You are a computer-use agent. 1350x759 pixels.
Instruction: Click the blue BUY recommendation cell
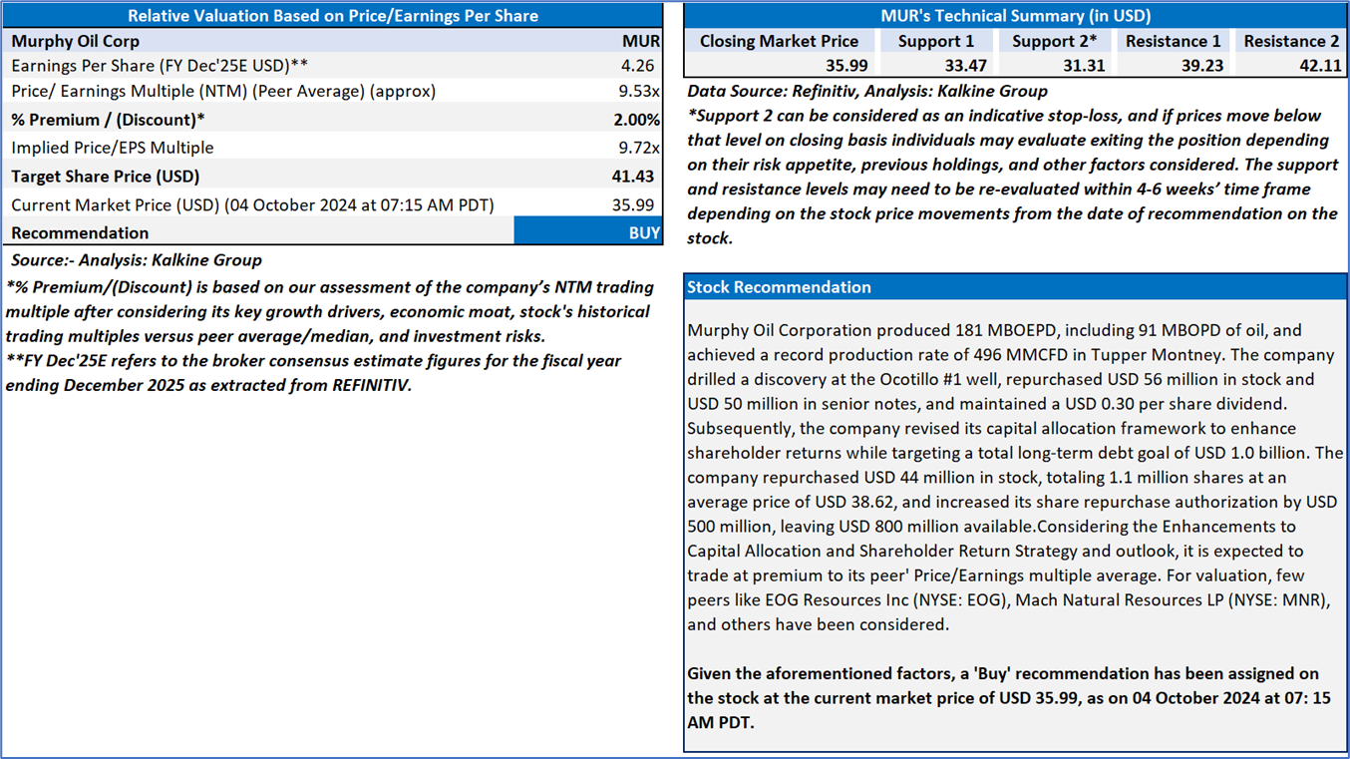pos(587,231)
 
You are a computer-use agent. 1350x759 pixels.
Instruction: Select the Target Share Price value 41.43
pos(632,176)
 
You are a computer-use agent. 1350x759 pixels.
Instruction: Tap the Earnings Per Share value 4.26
pos(637,65)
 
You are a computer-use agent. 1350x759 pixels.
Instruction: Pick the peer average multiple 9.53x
pos(638,91)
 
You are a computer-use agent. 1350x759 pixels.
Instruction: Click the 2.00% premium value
pos(636,120)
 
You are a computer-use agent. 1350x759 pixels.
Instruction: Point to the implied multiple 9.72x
pos(638,148)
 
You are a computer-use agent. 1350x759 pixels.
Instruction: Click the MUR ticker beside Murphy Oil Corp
pos(641,41)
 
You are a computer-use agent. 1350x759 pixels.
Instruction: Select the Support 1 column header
pos(935,41)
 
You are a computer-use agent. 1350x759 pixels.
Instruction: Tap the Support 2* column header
pos(1054,41)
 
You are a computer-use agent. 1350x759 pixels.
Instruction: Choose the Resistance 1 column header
pos(1173,41)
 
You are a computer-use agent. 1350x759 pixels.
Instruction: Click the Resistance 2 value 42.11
pos(1320,65)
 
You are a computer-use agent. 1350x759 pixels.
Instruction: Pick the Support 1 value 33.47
pos(965,65)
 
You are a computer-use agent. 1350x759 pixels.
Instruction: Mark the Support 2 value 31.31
pos(1084,65)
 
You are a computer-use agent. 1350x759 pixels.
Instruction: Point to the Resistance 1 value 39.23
pos(1201,65)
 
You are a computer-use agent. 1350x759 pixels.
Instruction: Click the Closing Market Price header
pos(779,41)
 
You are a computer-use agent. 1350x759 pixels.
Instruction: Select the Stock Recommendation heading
pos(779,287)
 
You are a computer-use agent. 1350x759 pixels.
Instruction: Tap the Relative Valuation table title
pos(333,16)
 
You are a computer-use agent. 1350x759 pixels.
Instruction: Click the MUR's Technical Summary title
pos(1016,16)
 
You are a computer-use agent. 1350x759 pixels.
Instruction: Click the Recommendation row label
pos(80,232)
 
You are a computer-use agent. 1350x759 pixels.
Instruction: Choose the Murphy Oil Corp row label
pos(76,41)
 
